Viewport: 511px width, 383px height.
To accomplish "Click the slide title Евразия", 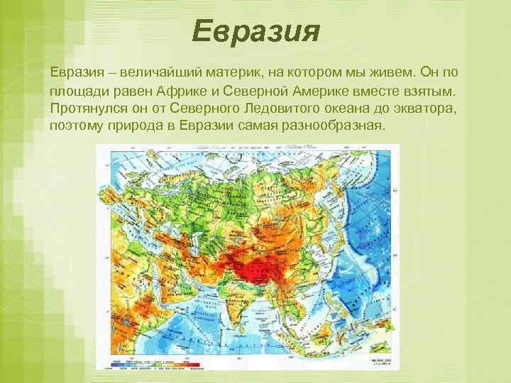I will click(256, 31).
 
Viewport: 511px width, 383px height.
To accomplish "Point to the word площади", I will click(78, 91).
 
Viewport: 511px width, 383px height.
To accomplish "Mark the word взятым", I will click(431, 91).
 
